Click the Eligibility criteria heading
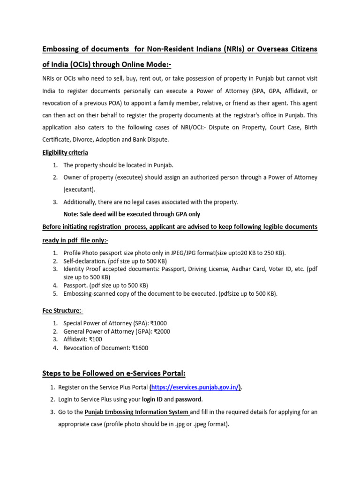[x=65, y=153]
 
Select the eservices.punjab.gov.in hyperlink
[x=195, y=387]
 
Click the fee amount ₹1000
[x=158, y=323]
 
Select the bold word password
[x=189, y=400]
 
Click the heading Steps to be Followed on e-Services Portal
[x=114, y=374]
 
